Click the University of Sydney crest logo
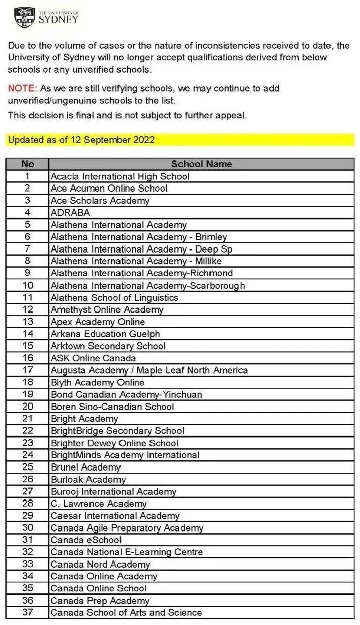tap(25, 17)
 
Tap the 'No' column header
tap(27, 164)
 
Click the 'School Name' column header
tap(201, 164)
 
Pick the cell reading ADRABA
tap(70, 213)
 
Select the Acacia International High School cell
tap(120, 176)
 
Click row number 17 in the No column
tap(27, 370)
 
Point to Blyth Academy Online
tap(98, 383)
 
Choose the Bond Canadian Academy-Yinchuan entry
tap(126, 395)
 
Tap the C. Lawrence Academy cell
tap(99, 504)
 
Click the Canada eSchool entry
tap(86, 540)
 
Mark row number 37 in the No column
tap(27, 613)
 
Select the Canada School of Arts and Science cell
tap(126, 613)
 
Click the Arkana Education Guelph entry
tap(105, 334)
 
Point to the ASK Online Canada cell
tap(93, 358)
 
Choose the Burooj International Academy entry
tap(113, 491)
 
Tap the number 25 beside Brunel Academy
tap(27, 467)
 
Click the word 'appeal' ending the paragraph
tap(231, 115)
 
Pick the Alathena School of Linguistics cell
tap(114, 298)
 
